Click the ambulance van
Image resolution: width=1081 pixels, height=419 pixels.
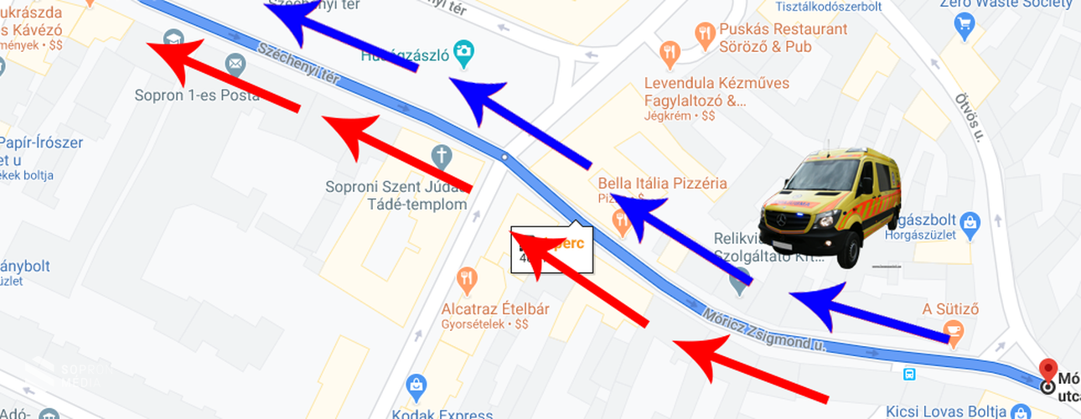tap(830, 207)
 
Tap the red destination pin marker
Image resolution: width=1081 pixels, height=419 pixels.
tap(1047, 370)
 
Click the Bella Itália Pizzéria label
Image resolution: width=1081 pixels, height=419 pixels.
tap(662, 183)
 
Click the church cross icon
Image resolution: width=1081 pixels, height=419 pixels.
tap(442, 155)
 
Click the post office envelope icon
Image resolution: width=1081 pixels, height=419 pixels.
tap(235, 64)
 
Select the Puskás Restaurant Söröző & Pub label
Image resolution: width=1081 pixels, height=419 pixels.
tap(771, 38)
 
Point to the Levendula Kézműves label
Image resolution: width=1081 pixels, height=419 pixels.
tap(716, 84)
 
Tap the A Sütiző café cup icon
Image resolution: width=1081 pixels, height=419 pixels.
tap(952, 333)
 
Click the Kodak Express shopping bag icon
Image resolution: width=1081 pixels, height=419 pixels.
tap(416, 385)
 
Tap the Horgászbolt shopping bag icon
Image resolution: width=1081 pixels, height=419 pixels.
tap(970, 222)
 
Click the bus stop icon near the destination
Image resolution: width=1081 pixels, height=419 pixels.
tap(909, 373)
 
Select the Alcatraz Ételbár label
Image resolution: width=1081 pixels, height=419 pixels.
tap(495, 309)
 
